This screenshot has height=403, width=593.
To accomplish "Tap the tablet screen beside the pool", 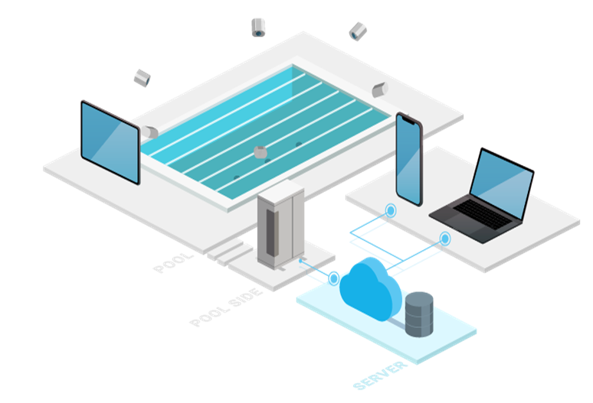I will [110, 142].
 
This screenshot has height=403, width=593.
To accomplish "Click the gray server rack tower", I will [280, 226].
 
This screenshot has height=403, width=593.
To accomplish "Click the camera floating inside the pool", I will [262, 151].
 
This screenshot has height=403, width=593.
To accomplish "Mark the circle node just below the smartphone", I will [391, 210].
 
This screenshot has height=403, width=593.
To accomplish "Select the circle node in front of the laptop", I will [445, 239].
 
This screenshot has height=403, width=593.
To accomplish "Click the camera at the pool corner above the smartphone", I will [380, 89].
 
